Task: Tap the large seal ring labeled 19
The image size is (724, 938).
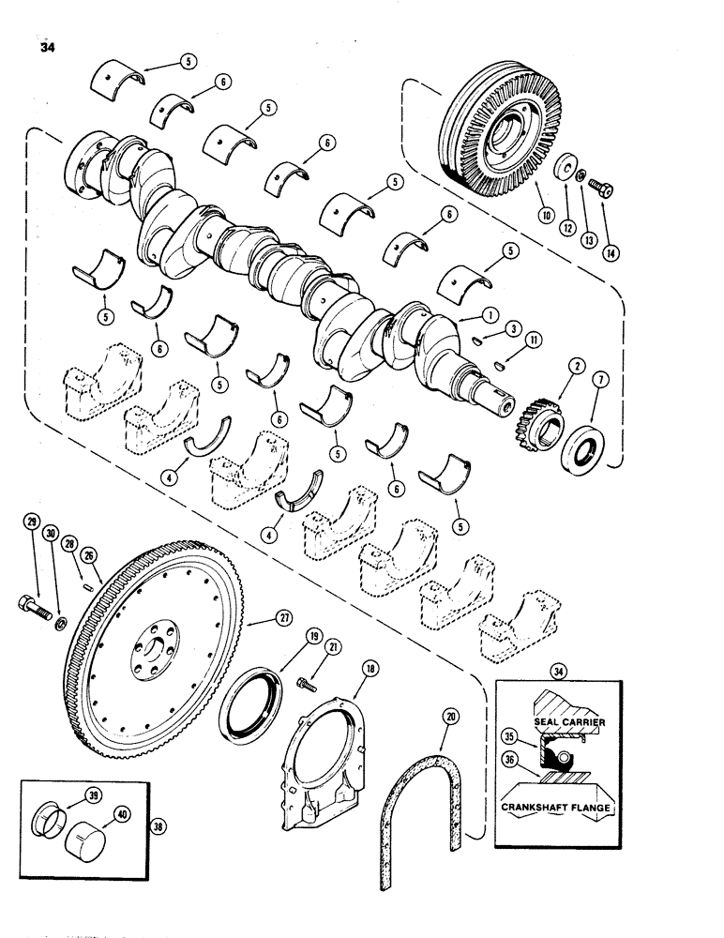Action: click(251, 701)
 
